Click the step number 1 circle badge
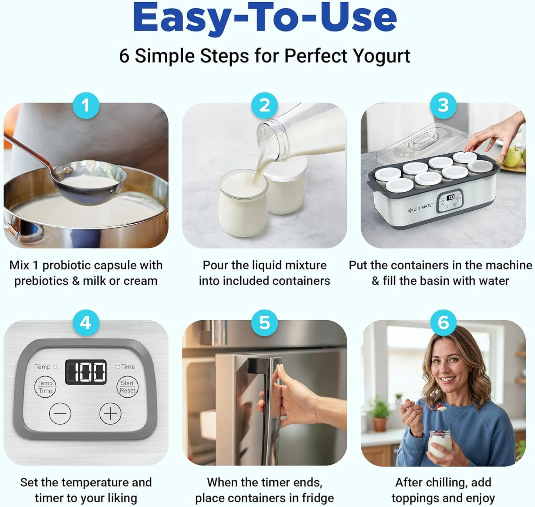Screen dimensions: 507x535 [x=86, y=106]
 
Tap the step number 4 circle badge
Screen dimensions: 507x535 [x=86, y=323]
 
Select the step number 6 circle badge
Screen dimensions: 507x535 [x=443, y=323]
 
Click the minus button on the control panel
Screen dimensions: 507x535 [x=60, y=413]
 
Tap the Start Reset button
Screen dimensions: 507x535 [x=127, y=387]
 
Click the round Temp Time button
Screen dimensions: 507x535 [x=45, y=387]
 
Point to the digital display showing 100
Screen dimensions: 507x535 [x=86, y=372]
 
